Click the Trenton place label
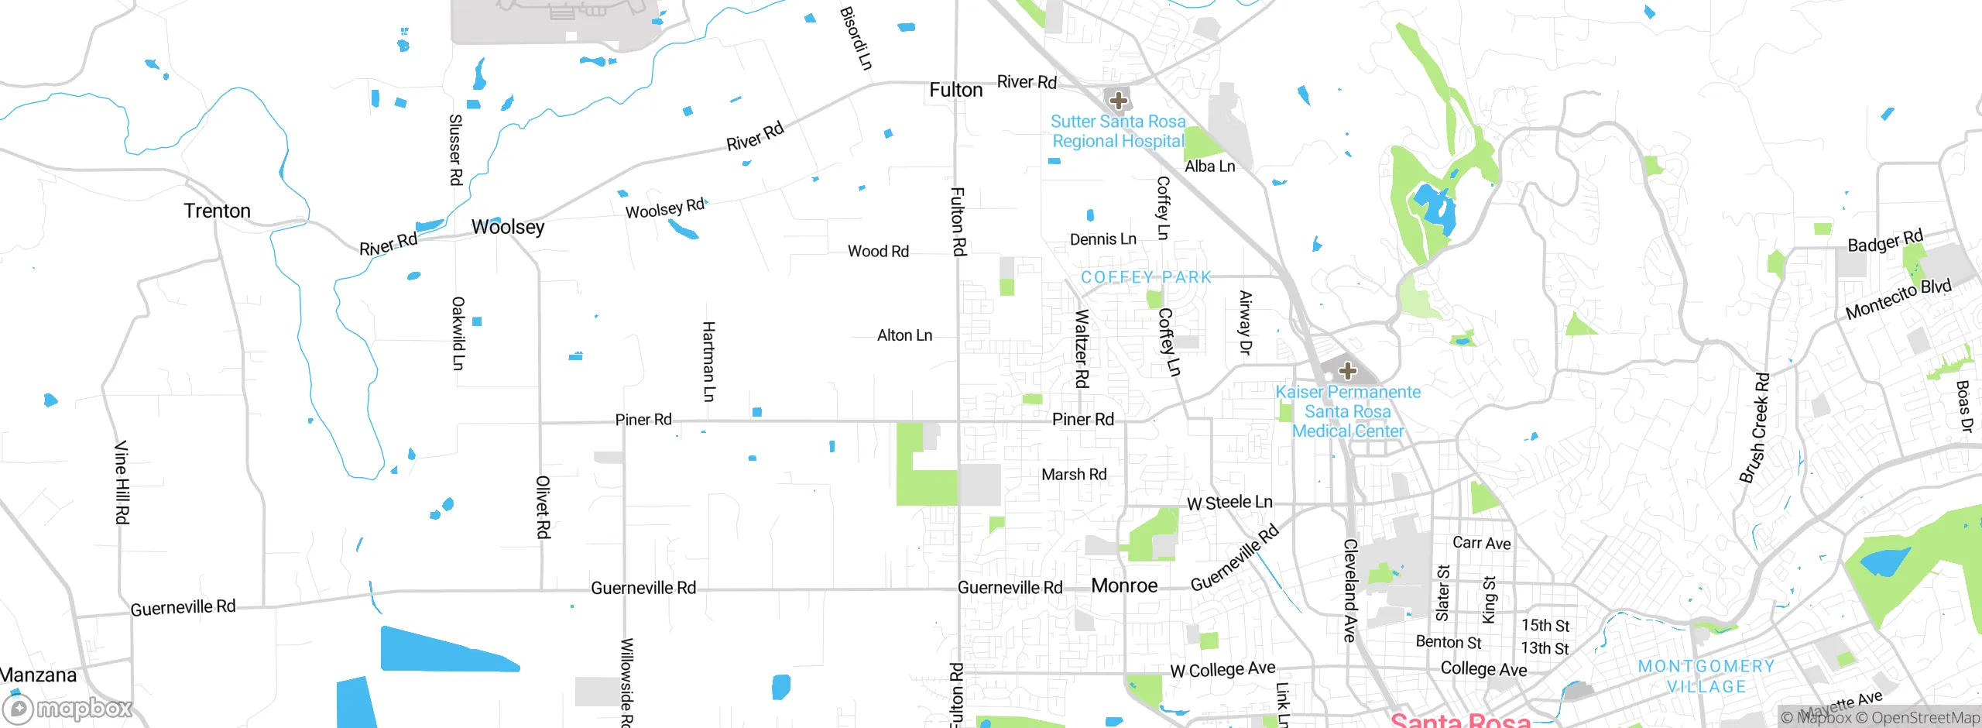217,211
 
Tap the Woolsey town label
508,227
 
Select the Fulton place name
956,91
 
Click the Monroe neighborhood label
1124,585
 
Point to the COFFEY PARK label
1146,277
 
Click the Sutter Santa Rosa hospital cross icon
1118,101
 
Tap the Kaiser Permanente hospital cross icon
1347,371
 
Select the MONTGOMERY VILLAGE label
1706,676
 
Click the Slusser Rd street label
456,149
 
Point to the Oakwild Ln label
458,333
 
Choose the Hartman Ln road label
708,362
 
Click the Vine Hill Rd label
122,482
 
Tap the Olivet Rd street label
544,507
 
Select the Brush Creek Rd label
1755,428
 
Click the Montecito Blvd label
1898,298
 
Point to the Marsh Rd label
1074,474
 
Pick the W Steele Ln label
1229,503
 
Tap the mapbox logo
68,709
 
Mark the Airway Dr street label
1245,323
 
